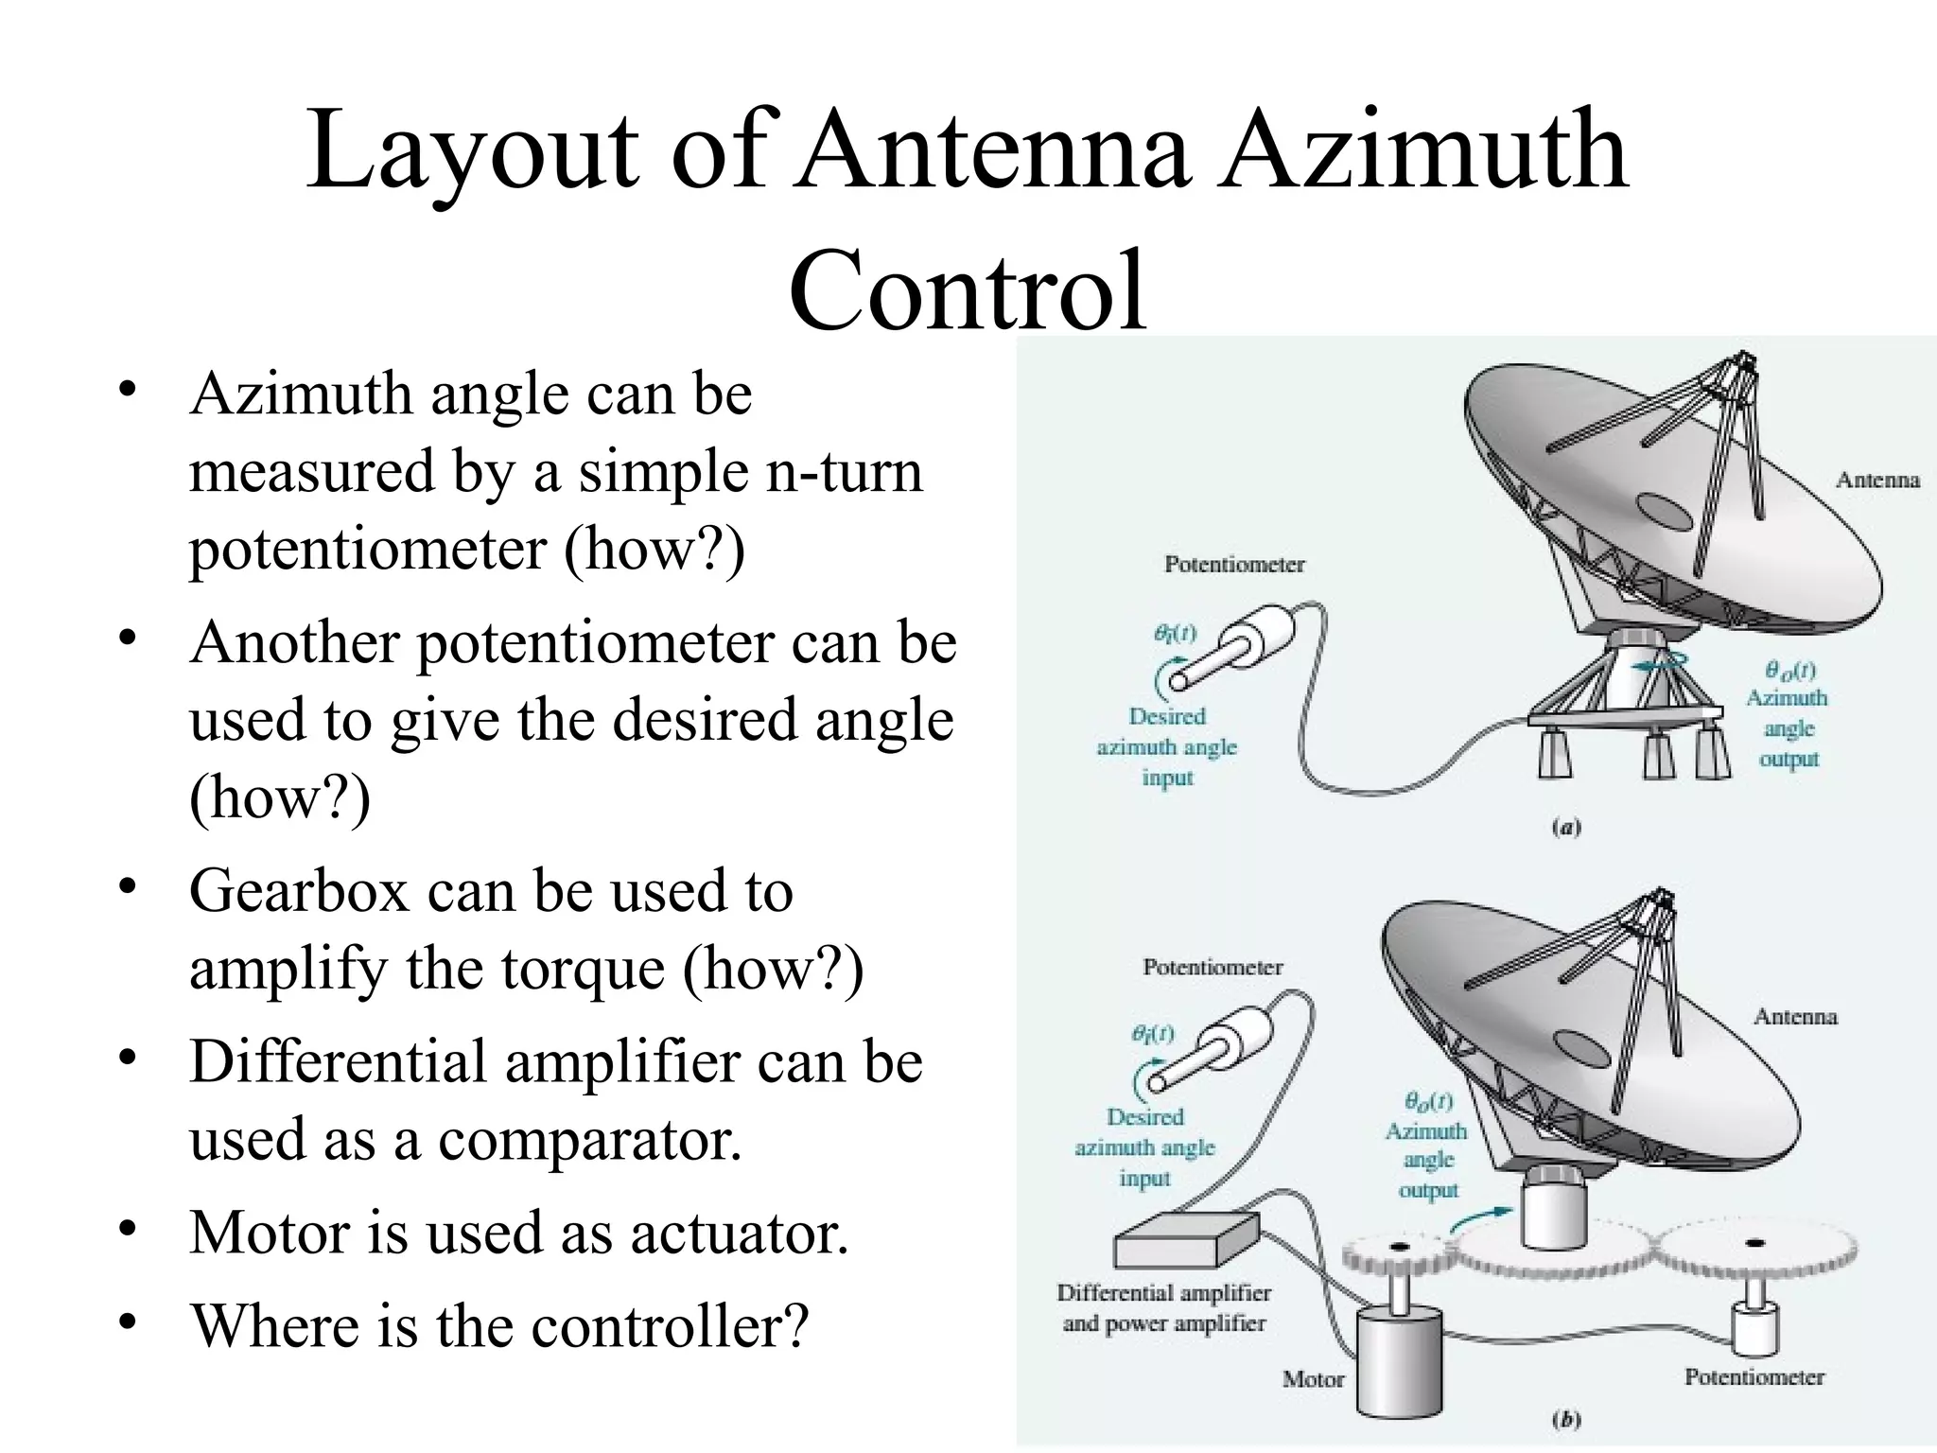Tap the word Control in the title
[967, 291]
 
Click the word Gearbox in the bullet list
[299, 892]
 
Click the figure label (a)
[1566, 828]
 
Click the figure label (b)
[1566, 1420]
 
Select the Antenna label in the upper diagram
[1877, 481]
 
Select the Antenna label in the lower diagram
[1795, 1017]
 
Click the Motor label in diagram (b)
[1313, 1379]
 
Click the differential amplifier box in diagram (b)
[1186, 1241]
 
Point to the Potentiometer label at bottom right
[1754, 1377]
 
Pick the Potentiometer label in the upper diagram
[1234, 565]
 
